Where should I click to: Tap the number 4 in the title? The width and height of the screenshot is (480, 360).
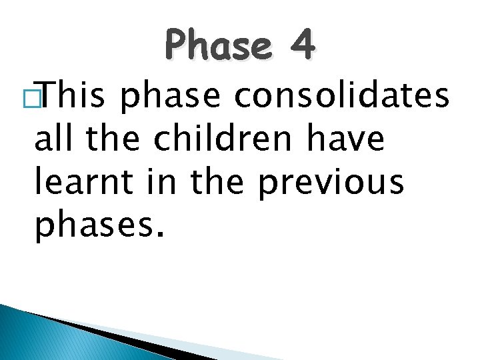(302, 45)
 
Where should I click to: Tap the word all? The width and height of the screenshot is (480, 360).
(55, 139)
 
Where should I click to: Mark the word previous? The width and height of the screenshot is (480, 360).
(331, 183)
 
